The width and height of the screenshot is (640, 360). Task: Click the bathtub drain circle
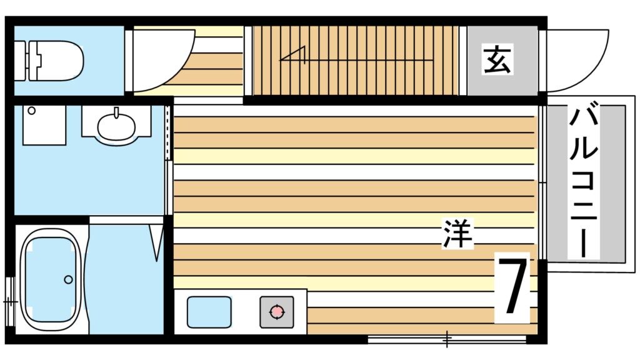click(x=68, y=279)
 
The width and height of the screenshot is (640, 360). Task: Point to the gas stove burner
click(x=276, y=311)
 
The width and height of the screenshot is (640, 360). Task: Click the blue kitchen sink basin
click(x=209, y=311)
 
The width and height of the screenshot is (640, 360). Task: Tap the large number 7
click(x=512, y=287)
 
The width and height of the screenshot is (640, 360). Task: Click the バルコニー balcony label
click(x=583, y=181)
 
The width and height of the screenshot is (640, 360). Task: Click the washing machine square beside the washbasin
click(x=44, y=124)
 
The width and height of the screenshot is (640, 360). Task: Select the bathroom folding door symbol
click(x=156, y=241)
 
